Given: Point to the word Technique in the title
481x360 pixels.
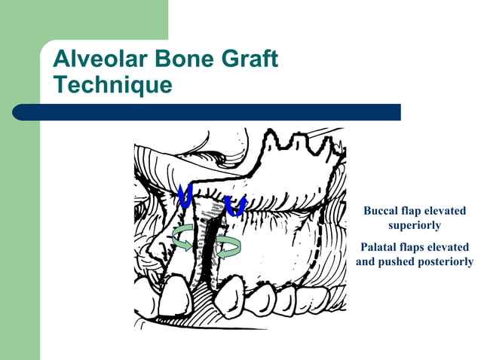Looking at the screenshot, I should (x=112, y=84).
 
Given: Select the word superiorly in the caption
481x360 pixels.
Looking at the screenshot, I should (x=414, y=225).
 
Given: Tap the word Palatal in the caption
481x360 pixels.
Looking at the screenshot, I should (x=381, y=247).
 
